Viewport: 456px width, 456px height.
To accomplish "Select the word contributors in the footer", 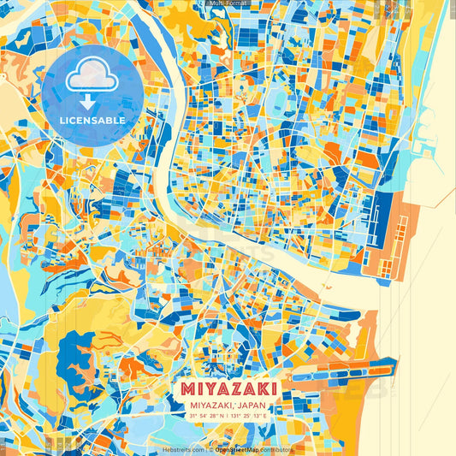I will point(276,449).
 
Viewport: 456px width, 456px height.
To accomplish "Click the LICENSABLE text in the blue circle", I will point(92,121).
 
